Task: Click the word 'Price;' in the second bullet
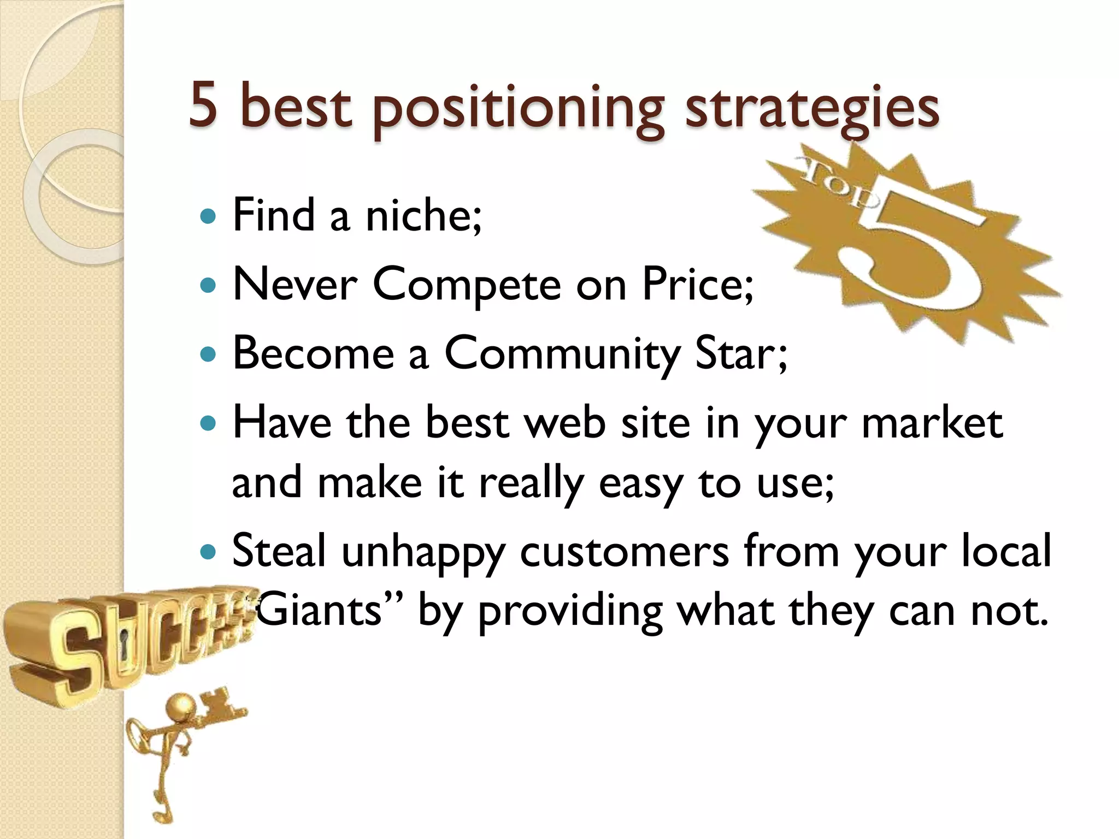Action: [697, 285]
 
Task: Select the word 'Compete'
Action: [467, 286]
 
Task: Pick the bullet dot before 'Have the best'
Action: [209, 423]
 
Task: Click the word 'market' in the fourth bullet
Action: [932, 423]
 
